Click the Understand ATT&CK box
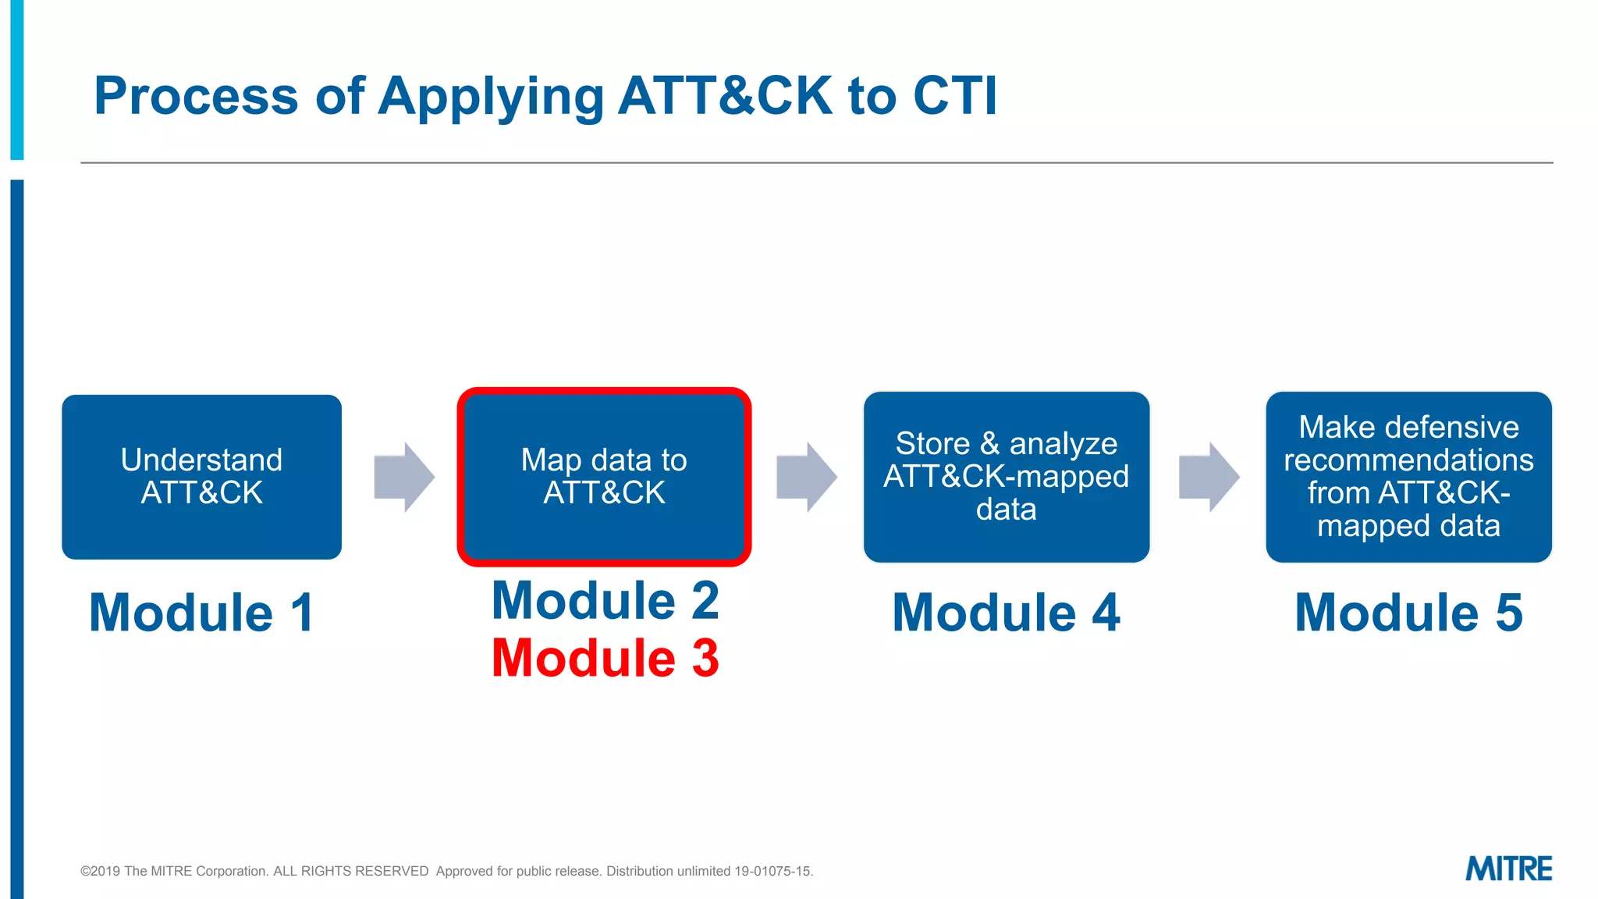tap(201, 477)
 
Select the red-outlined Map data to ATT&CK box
tap(604, 477)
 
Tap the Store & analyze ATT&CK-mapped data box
tap(1006, 477)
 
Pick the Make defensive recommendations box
tap(1408, 477)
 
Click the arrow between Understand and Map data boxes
tap(403, 477)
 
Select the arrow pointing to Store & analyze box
tap(806, 477)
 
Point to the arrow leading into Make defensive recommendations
tap(1208, 477)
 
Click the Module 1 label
tap(201, 613)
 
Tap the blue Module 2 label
tap(605, 601)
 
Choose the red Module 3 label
tap(605, 658)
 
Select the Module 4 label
tap(1006, 613)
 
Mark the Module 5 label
tap(1408, 613)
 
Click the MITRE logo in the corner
tap(1508, 869)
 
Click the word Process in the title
tap(196, 96)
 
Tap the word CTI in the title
tap(955, 96)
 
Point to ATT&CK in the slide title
tap(725, 96)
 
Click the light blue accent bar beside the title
tap(16, 78)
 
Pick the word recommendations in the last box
tap(1408, 460)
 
